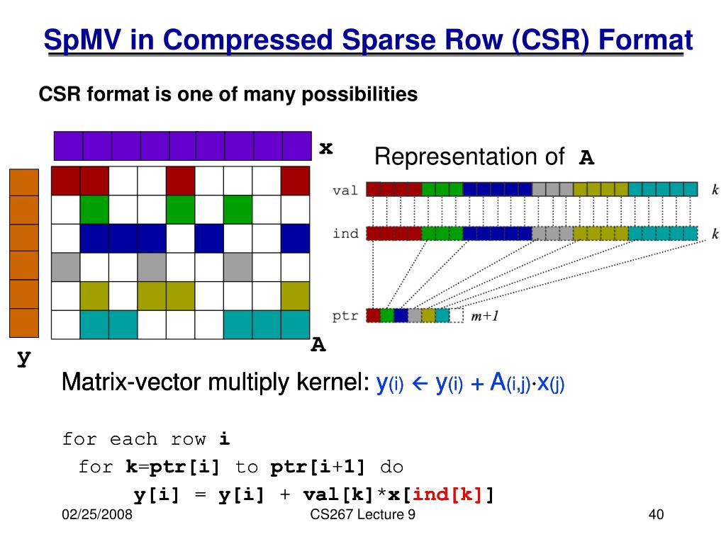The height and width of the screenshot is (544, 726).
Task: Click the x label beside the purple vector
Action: (x=325, y=147)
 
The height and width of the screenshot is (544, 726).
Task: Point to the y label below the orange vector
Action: (x=24, y=358)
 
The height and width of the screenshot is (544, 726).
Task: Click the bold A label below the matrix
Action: (x=318, y=345)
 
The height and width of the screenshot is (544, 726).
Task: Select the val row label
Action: (x=346, y=190)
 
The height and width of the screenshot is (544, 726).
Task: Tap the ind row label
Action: (x=346, y=234)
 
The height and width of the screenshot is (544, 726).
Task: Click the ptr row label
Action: (x=346, y=316)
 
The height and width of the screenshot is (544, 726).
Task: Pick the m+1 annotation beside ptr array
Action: (x=485, y=317)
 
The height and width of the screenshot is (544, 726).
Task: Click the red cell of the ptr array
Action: (x=373, y=316)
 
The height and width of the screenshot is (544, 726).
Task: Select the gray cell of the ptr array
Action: (x=415, y=316)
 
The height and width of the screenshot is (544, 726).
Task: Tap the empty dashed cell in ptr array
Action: (x=457, y=316)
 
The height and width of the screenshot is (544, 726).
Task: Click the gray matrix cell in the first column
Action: (x=65, y=266)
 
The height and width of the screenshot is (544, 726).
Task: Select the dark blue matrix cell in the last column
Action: (x=296, y=238)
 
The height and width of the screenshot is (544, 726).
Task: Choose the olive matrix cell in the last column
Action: (x=296, y=295)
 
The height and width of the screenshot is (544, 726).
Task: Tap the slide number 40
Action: (x=656, y=516)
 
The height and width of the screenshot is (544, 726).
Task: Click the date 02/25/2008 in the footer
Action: (x=97, y=516)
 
